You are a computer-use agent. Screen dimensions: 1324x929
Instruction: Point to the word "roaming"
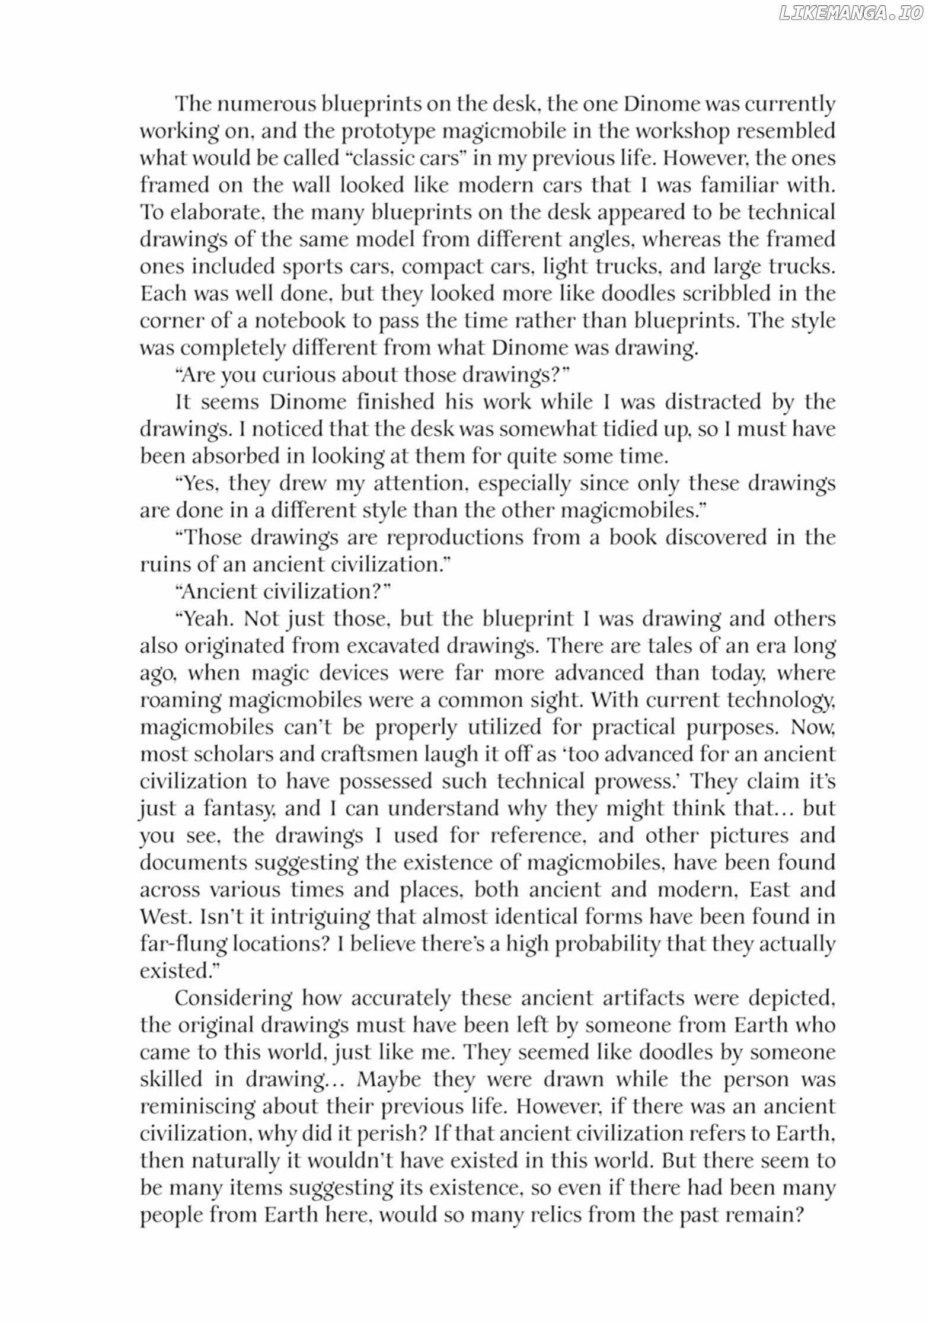(179, 700)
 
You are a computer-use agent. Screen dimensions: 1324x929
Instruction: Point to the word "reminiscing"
(197, 1106)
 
